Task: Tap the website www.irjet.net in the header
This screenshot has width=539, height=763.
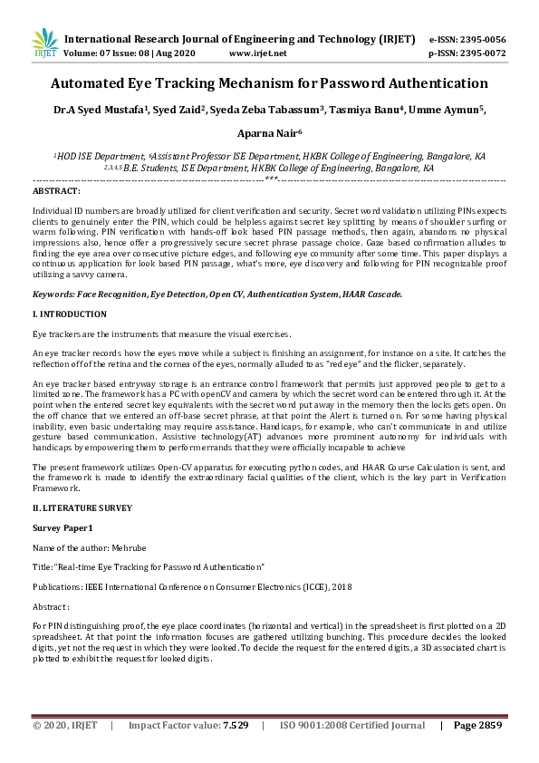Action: pyautogui.click(x=258, y=53)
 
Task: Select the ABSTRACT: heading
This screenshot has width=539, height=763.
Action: pyautogui.click(x=56, y=192)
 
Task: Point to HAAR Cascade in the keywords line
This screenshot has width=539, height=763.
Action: pyautogui.click(x=372, y=295)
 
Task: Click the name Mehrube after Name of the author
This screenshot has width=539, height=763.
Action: pyautogui.click(x=129, y=547)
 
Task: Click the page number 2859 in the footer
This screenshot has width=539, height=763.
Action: pyautogui.click(x=489, y=726)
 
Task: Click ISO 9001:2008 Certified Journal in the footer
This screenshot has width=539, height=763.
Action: pyautogui.click(x=352, y=726)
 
